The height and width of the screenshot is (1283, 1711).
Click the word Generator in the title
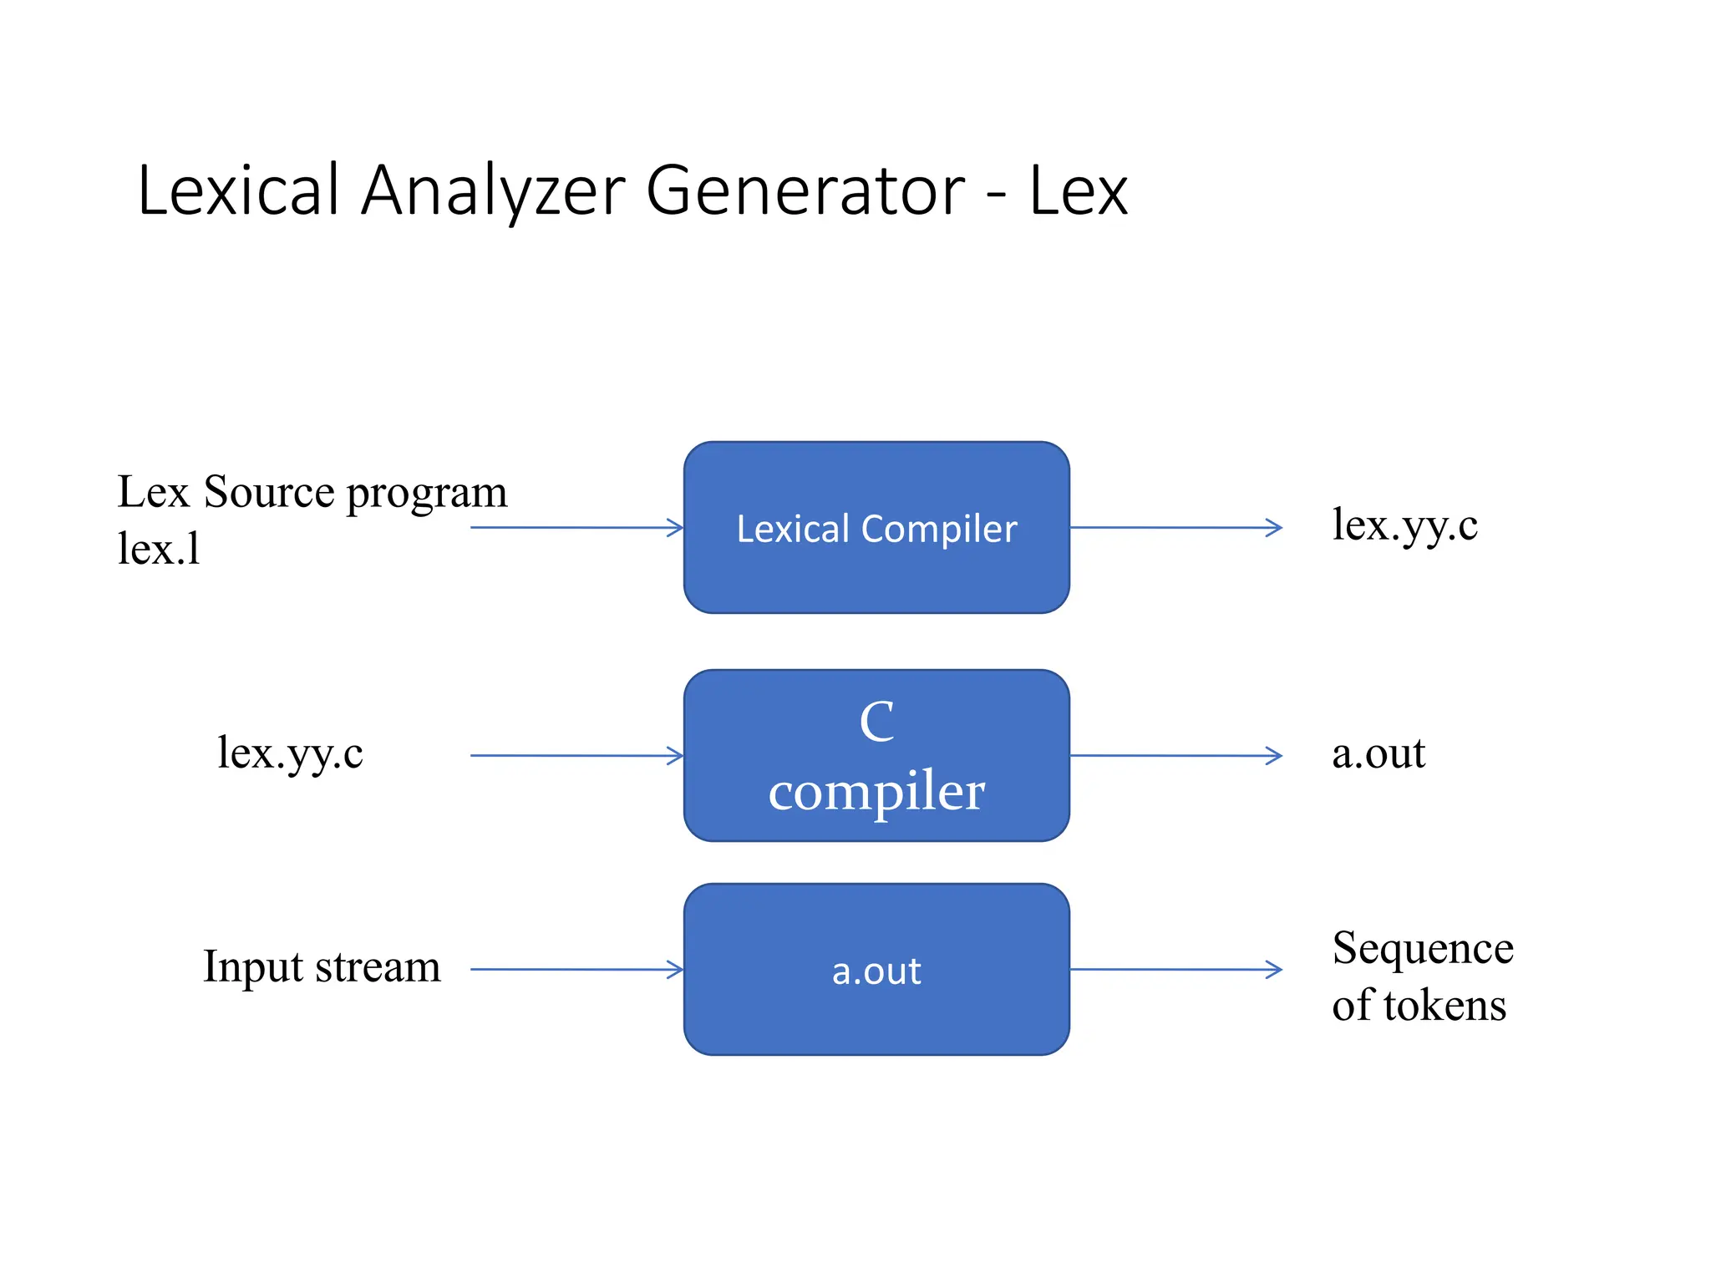coord(805,191)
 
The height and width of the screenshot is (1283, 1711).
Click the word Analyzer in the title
coord(492,191)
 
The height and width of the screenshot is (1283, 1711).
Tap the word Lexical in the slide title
coord(239,191)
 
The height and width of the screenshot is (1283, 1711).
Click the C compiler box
coord(876,755)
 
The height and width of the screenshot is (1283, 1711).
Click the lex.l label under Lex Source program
coord(159,549)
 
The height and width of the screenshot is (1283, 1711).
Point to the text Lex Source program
coord(312,492)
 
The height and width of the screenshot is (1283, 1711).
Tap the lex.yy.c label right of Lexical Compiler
coord(1404,526)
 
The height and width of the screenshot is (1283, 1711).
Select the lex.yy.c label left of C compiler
coord(290,753)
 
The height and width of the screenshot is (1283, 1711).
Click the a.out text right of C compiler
coord(1378,753)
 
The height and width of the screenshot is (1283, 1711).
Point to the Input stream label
coord(322,967)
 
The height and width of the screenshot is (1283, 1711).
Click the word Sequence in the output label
coord(1422,948)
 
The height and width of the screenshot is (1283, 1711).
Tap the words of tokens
coord(1419,1005)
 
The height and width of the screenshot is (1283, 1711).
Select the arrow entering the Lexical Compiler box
coord(576,527)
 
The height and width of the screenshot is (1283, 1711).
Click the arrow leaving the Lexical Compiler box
coord(1175,527)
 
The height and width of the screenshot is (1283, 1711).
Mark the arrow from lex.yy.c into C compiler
coord(576,755)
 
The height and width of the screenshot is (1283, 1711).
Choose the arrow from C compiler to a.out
coord(1175,755)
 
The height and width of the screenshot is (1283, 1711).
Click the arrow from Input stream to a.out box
coord(576,969)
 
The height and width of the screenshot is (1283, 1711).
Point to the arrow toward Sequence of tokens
coord(1175,969)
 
